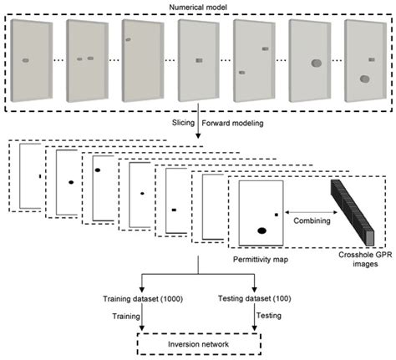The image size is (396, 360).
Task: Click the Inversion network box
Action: click(198, 342)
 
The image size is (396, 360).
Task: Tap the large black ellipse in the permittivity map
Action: click(261, 230)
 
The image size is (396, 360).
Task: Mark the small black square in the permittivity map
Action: click(276, 215)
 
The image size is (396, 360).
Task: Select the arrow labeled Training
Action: click(145, 318)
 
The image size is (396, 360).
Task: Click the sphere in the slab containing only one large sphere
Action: click(315, 63)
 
